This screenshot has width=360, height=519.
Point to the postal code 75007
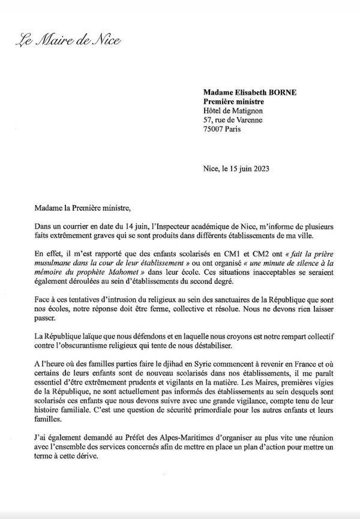click(x=214, y=128)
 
